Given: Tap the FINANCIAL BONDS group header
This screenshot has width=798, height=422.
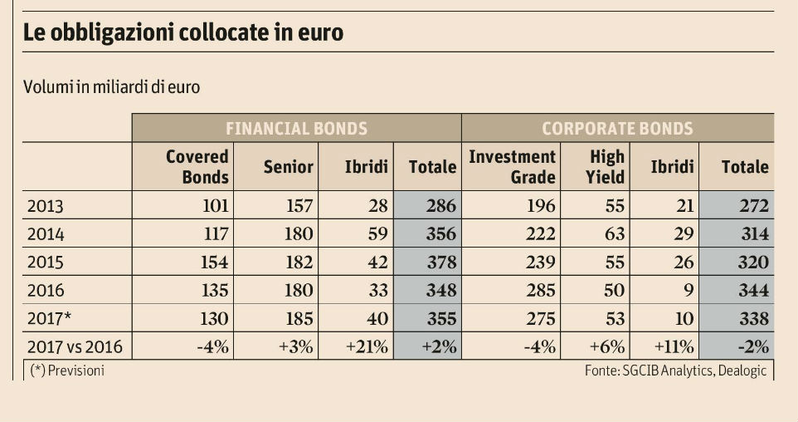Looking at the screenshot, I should pos(296,129).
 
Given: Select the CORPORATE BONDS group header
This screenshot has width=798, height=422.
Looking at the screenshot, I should pos(617,129).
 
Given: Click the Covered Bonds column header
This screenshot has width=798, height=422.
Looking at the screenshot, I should pos(197,166).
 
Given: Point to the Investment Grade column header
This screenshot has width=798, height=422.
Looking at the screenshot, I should pos(512,166).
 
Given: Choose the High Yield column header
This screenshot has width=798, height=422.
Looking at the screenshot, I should pos(607,166).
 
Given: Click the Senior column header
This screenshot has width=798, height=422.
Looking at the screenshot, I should pos(288,167).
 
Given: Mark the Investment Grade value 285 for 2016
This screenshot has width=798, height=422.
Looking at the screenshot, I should pos(539,291).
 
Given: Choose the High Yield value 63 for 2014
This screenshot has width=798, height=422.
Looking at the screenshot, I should pos(615,234).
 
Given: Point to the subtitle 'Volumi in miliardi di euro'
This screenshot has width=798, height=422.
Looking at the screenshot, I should pos(111,87).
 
